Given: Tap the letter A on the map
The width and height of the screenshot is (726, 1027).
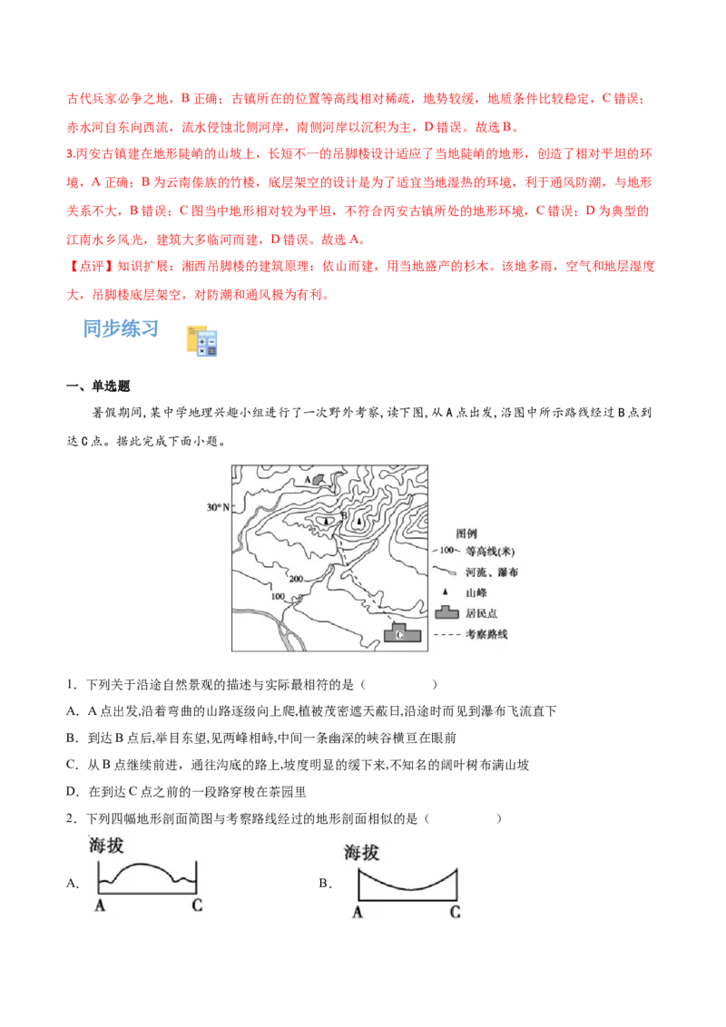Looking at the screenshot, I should point(308,478).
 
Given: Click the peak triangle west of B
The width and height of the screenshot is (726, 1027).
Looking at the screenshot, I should point(327,522).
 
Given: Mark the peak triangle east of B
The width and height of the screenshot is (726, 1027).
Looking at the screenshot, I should point(359,523).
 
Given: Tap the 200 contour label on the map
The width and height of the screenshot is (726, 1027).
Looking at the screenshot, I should point(295,577).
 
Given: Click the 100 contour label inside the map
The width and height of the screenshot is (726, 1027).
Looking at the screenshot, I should point(278,596).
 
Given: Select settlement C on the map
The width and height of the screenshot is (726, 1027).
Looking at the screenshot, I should point(399,634).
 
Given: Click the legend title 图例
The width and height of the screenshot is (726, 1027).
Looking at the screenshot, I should point(466,533).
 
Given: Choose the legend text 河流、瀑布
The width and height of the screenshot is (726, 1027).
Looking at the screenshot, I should point(491,572).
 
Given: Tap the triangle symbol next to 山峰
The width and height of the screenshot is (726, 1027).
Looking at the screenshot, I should point(444,592).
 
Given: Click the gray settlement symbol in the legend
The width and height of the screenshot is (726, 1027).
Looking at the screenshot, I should point(444,612).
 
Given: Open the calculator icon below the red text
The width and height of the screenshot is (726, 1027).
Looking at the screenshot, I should point(202,340).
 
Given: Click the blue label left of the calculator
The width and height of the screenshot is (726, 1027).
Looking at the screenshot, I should point(121,328).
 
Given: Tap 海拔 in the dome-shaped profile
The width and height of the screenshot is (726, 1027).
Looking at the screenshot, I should point(107,845).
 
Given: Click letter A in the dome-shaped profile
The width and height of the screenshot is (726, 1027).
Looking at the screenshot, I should point(98,905).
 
